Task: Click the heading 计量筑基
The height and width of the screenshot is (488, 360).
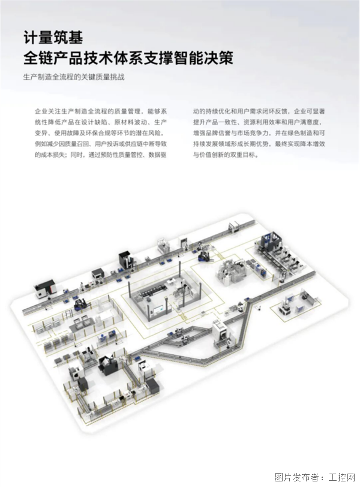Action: click(x=53, y=38)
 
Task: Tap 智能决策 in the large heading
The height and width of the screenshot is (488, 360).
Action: click(x=203, y=59)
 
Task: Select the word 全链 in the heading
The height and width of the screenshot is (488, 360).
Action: click(x=38, y=59)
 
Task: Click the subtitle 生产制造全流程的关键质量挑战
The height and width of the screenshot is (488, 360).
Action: click(x=74, y=77)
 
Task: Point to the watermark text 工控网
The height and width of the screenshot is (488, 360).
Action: click(x=342, y=477)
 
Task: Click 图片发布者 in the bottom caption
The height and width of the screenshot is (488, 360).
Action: click(x=296, y=477)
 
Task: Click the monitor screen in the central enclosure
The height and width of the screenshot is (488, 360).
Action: click(x=158, y=309)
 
